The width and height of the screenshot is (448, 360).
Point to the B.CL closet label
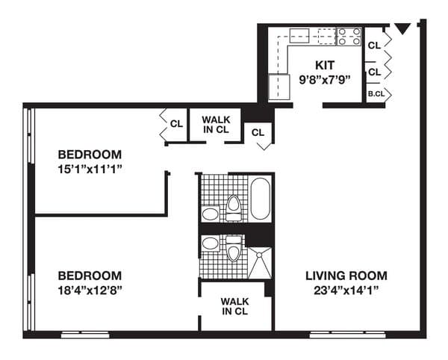pyautogui.click(x=374, y=95)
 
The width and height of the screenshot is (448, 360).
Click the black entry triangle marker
pyautogui.click(x=402, y=29)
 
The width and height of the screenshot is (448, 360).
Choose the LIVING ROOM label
pyautogui.click(x=346, y=276)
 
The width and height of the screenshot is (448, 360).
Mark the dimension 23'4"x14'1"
pyautogui.click(x=346, y=290)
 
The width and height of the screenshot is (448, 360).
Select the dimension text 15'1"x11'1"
pyautogui.click(x=90, y=169)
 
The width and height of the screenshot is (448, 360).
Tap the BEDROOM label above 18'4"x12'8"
pyautogui.click(x=90, y=275)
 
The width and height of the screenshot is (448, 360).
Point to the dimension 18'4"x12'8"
pyautogui.click(x=90, y=289)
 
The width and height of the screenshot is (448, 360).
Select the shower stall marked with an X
pyautogui.click(x=259, y=261)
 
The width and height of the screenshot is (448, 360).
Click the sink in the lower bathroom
pyautogui.click(x=211, y=243)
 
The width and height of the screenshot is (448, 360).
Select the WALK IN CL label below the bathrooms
pyautogui.click(x=236, y=306)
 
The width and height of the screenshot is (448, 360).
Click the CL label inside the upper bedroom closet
pyautogui.click(x=176, y=124)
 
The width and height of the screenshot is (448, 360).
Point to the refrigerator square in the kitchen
pyautogui.click(x=279, y=86)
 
